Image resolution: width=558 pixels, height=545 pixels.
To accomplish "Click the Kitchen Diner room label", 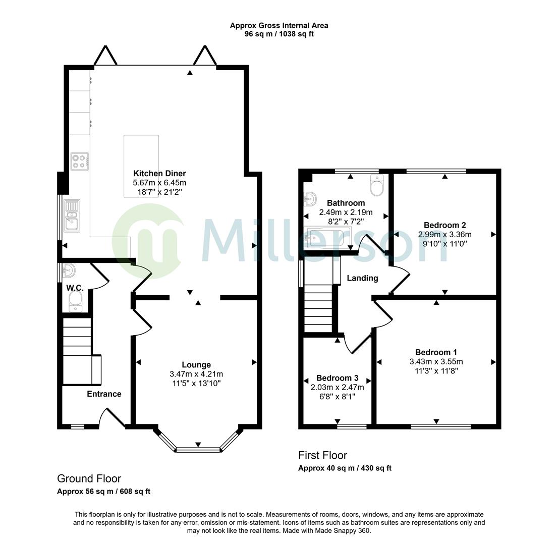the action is pyautogui.click(x=159, y=174).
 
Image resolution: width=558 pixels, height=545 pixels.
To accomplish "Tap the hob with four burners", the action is pyautogui.click(x=79, y=161).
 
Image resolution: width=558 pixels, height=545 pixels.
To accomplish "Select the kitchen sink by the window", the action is pyautogui.click(x=72, y=216).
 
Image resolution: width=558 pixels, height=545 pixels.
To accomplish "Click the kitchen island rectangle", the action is pyautogui.click(x=141, y=166).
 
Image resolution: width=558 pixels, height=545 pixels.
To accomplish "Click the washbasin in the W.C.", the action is pyautogui.click(x=69, y=271).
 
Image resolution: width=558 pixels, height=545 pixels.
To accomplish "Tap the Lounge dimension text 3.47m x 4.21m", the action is pyautogui.click(x=196, y=374).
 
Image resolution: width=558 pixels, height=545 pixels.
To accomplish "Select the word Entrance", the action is pyautogui.click(x=104, y=394).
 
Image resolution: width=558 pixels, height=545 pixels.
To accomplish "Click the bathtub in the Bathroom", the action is pyautogui.click(x=324, y=238).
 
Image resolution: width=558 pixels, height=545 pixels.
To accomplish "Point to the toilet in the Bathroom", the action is pyautogui.click(x=376, y=185).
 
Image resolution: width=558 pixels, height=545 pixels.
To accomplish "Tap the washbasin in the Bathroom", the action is pyautogui.click(x=310, y=199).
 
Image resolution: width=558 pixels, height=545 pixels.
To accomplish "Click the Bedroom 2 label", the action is pyautogui.click(x=445, y=225).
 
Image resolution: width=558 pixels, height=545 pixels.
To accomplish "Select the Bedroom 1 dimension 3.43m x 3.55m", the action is pyautogui.click(x=436, y=362).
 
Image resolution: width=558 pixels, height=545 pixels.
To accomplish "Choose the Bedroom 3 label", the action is pyautogui.click(x=338, y=377).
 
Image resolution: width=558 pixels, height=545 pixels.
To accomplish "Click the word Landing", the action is pyautogui.click(x=362, y=278).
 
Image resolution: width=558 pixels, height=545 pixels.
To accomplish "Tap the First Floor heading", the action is pyautogui.click(x=322, y=455).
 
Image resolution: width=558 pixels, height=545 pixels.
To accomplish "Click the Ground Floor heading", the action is pyautogui.click(x=89, y=478).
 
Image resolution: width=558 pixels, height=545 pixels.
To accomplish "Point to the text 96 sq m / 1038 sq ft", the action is pyautogui.click(x=280, y=34).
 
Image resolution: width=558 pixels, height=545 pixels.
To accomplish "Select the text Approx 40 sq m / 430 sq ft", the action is pyautogui.click(x=345, y=468).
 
